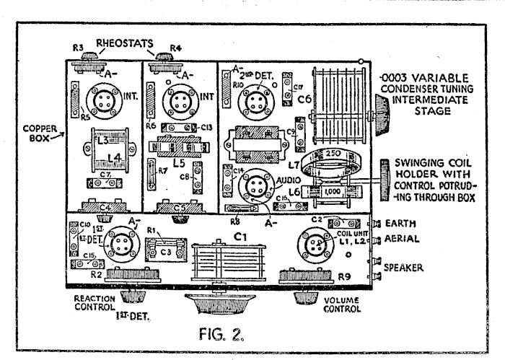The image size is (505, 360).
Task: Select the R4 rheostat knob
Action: click(x=166, y=53)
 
